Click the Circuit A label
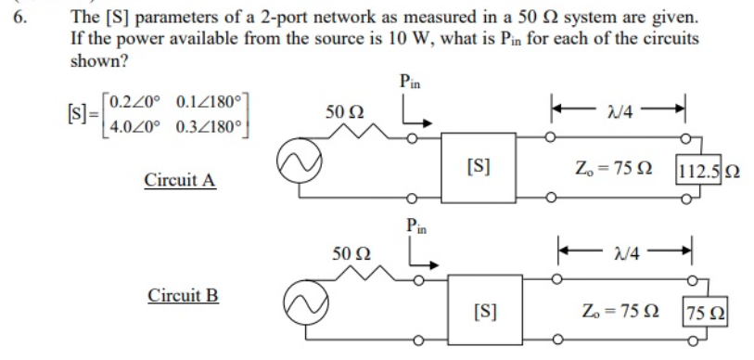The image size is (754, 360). tap(180, 179)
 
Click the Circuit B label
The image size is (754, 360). tap(183, 296)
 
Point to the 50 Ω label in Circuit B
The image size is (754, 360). tap(351, 252)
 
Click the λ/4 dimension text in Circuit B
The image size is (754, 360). tap(628, 252)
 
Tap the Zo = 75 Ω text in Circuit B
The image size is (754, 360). tap(620, 309)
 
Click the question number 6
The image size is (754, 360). tap(19, 18)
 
